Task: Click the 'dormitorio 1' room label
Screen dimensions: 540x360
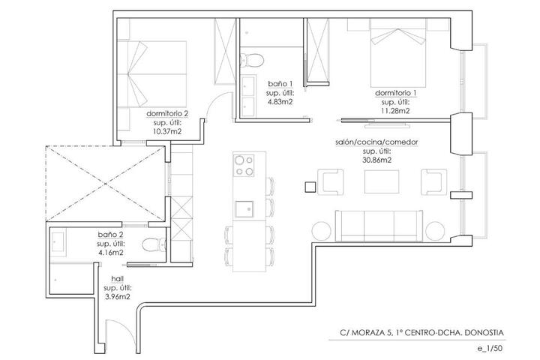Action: click(x=396, y=93)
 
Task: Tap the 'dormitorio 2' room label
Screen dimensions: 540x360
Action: click(x=167, y=113)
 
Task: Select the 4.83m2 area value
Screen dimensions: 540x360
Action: click(x=280, y=102)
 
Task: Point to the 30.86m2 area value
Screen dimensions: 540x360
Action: click(x=376, y=160)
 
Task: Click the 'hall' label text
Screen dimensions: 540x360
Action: click(x=118, y=278)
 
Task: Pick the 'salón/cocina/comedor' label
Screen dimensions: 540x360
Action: click(x=376, y=142)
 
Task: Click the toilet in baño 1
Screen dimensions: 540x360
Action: click(x=252, y=60)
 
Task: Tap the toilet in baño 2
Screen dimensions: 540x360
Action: click(x=154, y=245)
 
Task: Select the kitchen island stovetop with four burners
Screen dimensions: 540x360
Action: click(x=244, y=166)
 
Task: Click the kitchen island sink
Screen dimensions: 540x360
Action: click(x=244, y=209)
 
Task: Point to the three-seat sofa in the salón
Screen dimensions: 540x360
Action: click(x=379, y=226)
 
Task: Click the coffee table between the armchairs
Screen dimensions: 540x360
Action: click(x=382, y=181)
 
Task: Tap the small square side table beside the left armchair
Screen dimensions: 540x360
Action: click(x=310, y=187)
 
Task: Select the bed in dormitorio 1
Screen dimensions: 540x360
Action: click(x=398, y=52)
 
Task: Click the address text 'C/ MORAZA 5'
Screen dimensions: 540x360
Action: click(x=366, y=333)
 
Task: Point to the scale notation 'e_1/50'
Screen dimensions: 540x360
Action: click(x=490, y=348)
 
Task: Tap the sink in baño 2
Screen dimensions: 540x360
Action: click(x=58, y=241)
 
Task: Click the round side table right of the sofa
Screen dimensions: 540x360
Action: click(x=435, y=231)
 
